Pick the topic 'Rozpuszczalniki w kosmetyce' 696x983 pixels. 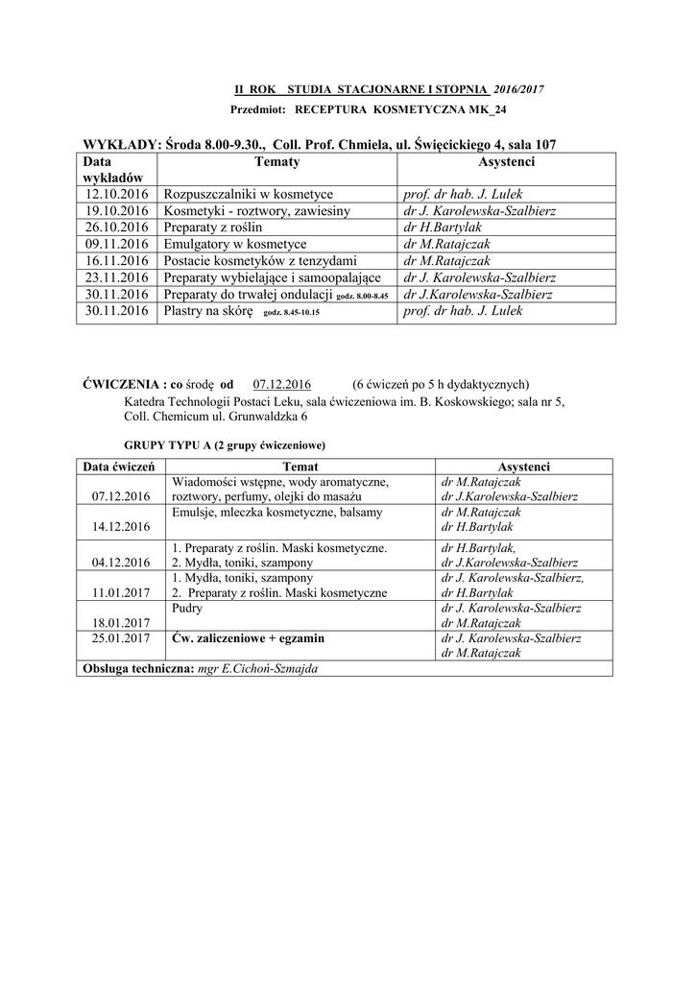pyautogui.click(x=249, y=195)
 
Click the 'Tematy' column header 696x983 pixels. pyautogui.click(x=277, y=163)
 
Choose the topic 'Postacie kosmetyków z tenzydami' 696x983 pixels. pyautogui.click(x=261, y=261)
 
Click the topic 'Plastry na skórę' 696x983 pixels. pyautogui.click(x=208, y=311)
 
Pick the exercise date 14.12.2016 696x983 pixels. pyautogui.click(x=121, y=527)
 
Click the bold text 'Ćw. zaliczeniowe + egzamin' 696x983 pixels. pyautogui.click(x=248, y=637)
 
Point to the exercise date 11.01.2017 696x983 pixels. pyautogui.click(x=121, y=593)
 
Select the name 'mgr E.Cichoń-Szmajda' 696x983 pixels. pyautogui.click(x=256, y=668)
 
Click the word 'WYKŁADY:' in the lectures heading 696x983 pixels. pyautogui.click(x=120, y=144)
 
